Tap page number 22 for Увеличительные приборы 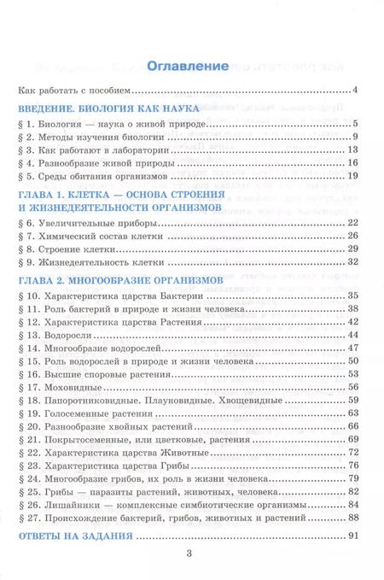361,223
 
